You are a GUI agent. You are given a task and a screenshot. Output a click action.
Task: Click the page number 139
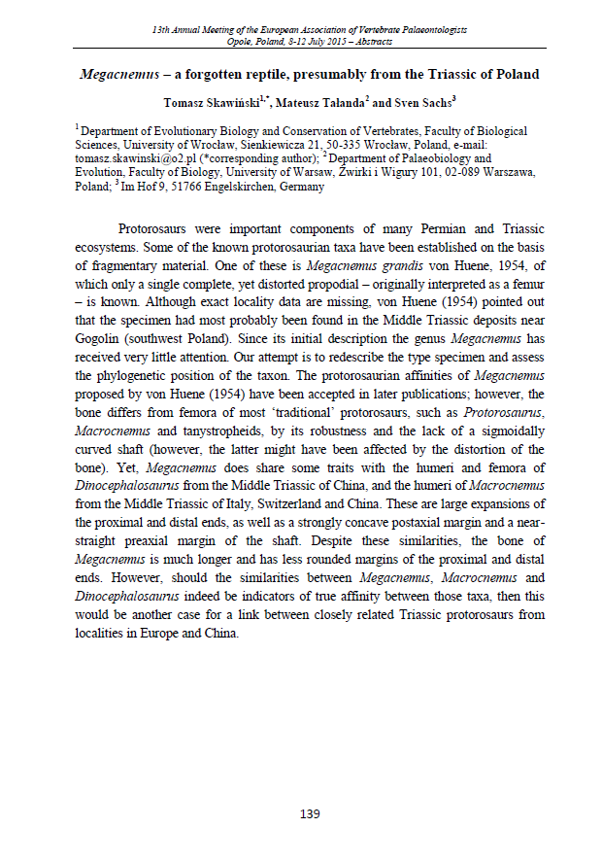(310, 814)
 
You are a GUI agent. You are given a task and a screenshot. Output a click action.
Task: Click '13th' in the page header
(162, 31)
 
